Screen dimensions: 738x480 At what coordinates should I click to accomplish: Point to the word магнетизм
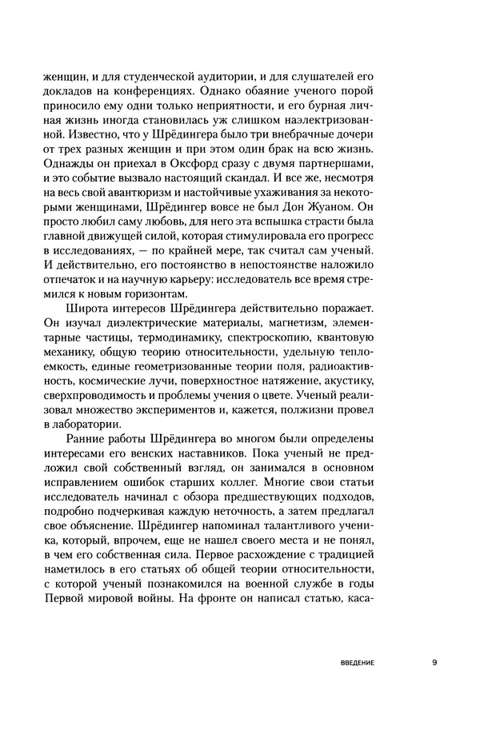[x=314, y=322]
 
